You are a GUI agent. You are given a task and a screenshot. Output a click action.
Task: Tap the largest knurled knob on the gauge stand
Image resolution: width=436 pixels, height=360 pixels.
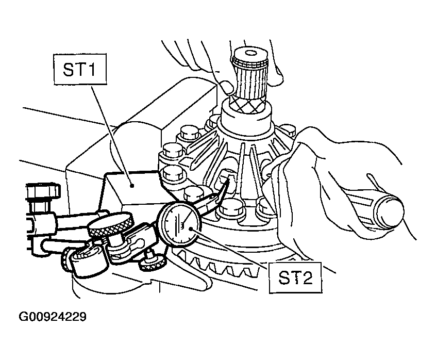click(110, 225)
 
